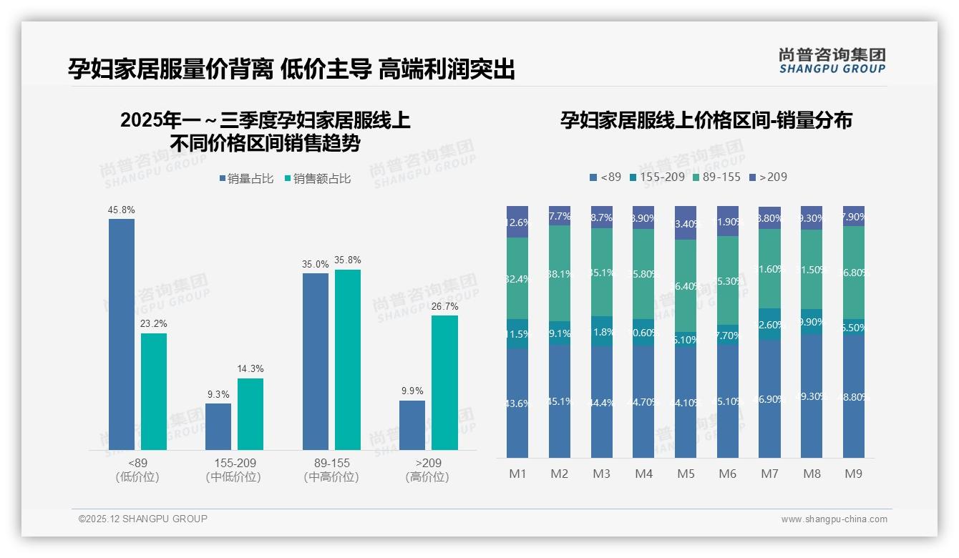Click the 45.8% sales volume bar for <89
point(122,334)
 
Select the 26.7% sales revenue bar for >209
point(444,383)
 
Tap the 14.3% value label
point(250,368)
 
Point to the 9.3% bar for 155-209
point(218,426)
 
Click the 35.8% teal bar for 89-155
point(348,360)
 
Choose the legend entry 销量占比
point(246,179)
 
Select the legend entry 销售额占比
point(317,179)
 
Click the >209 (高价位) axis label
point(427,470)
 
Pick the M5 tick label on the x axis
point(686,474)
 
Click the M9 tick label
point(853,474)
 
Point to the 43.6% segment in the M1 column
point(517,403)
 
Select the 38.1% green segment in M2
point(560,273)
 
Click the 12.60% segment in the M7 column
point(769,324)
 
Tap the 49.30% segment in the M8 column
point(812,396)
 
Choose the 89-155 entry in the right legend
point(716,177)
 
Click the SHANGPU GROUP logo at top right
point(832,61)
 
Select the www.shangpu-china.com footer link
point(834,519)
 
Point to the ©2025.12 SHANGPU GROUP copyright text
point(143,519)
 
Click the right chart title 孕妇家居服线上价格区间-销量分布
point(706,120)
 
